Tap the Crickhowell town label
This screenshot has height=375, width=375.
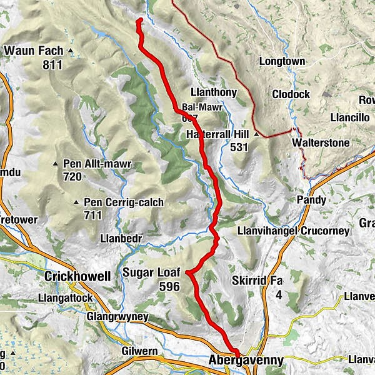(77, 276)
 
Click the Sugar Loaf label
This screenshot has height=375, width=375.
(151, 273)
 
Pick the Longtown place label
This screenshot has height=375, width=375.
(281, 62)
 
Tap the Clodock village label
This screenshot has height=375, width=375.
(291, 94)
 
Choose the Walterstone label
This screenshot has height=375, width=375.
(320, 143)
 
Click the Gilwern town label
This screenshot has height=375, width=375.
(140, 351)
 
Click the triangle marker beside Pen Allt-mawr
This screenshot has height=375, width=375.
(56, 164)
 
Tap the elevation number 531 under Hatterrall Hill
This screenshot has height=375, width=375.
(239, 147)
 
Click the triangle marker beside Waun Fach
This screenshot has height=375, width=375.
(71, 51)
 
